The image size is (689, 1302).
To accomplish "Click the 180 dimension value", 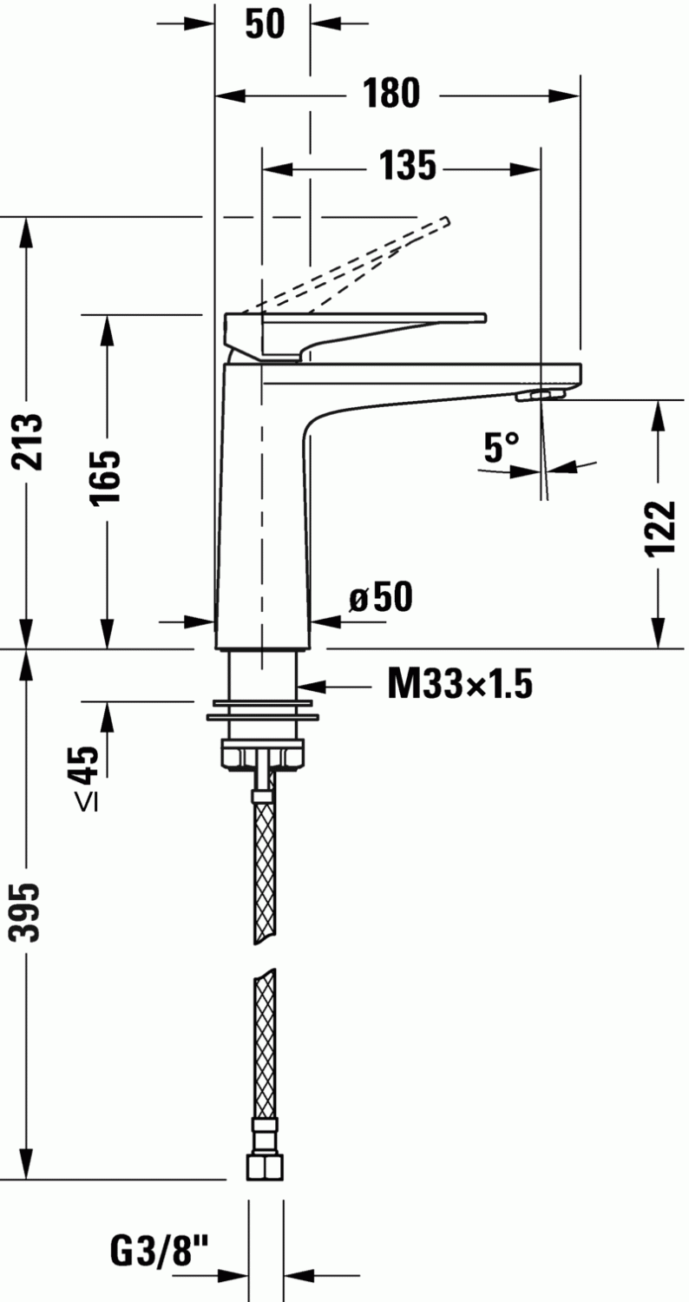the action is coord(391,93).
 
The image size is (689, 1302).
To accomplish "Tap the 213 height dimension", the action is coord(27,442).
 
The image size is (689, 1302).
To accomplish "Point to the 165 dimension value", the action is coord(106,477).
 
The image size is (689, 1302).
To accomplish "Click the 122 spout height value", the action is coord(660,529).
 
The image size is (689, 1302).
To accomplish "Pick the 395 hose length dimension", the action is coord(25,912).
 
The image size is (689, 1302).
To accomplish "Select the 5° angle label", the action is coord(502,447).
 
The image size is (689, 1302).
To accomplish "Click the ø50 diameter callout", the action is coord(381,596).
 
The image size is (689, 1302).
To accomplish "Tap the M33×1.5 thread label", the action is coord(460,684).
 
